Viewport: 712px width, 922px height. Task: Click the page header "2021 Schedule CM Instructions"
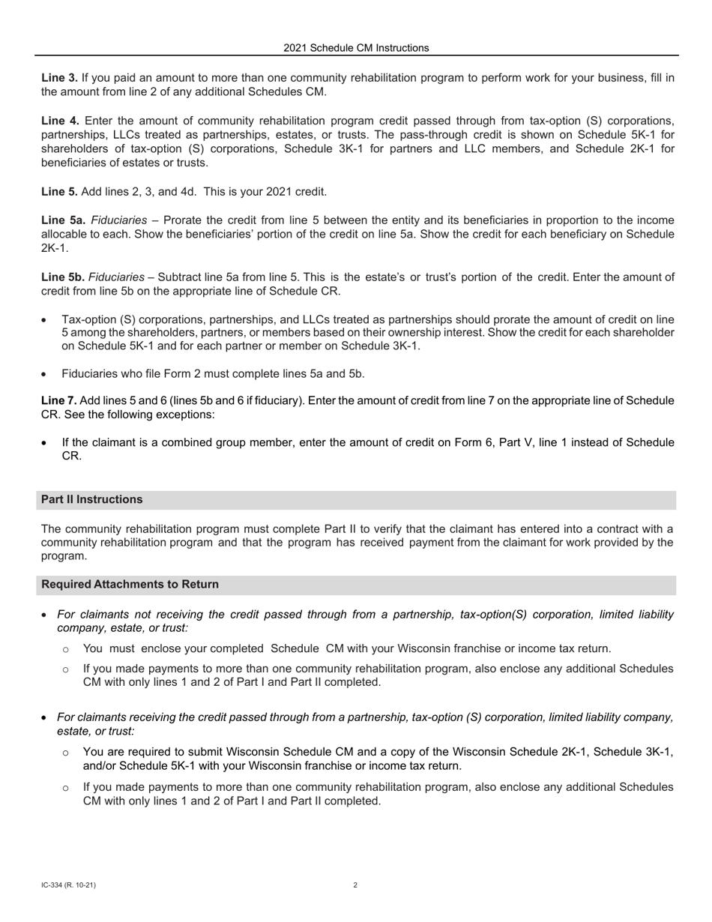(356, 48)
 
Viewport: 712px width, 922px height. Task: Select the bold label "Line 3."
(59, 78)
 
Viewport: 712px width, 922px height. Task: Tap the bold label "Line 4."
(59, 121)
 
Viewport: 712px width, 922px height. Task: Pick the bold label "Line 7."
(58, 400)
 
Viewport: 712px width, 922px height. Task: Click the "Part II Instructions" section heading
(91, 499)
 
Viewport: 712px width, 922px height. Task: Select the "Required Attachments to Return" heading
(130, 584)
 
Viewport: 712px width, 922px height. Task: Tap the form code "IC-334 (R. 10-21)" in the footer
(68, 885)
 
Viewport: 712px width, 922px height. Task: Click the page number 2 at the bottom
(355, 885)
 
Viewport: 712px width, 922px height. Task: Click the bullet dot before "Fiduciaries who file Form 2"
(45, 374)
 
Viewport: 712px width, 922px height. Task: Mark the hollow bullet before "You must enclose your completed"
(66, 649)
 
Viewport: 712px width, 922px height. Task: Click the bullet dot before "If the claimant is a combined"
(45, 443)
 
